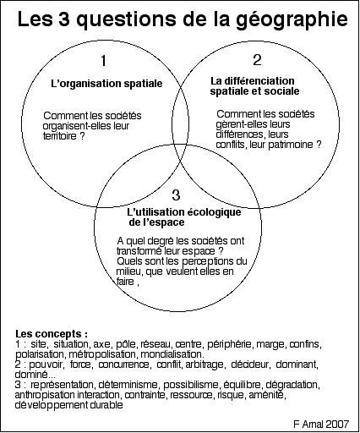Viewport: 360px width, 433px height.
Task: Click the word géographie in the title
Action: coord(292,19)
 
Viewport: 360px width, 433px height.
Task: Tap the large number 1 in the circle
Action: coord(104,61)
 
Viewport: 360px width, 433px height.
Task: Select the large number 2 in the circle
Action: coord(257,60)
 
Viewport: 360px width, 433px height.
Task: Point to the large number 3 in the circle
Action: coord(176,195)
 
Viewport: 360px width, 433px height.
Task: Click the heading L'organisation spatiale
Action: coord(106,84)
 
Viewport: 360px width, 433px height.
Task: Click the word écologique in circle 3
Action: coord(214,212)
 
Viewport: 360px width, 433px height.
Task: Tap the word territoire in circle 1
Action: coord(60,136)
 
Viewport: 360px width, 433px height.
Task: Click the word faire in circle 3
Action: coord(125,282)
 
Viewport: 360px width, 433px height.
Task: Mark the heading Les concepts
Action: coord(52,334)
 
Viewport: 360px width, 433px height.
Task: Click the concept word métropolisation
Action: coord(102,354)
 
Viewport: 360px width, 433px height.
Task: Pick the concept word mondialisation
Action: coord(172,354)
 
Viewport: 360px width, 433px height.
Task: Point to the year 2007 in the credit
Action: coord(337,424)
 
